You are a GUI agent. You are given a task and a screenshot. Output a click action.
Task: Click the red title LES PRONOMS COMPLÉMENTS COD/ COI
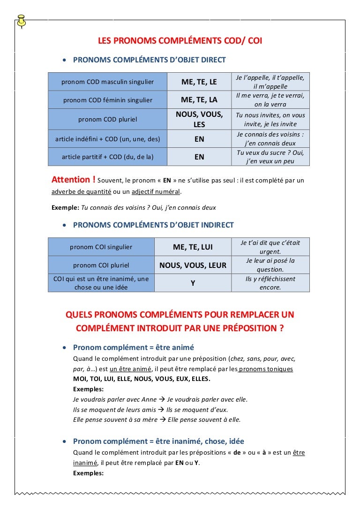(180, 41)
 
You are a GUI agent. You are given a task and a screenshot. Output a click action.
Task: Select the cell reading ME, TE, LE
(199, 82)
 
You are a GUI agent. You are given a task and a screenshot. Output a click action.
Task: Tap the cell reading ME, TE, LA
(199, 100)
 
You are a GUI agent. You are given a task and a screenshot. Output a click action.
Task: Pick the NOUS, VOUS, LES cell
(199, 120)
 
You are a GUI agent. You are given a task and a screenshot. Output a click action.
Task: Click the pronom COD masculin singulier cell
(108, 82)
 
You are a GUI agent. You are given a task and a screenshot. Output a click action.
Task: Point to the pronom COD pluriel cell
(108, 119)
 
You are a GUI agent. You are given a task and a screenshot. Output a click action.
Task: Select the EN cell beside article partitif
(199, 157)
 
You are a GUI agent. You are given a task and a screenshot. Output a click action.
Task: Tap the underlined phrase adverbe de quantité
(81, 191)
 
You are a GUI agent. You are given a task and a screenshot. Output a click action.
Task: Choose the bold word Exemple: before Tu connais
(65, 207)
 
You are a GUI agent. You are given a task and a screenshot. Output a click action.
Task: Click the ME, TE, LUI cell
(193, 247)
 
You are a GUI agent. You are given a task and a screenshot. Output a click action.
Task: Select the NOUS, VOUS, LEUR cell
(193, 266)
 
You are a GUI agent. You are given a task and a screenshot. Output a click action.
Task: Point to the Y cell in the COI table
(193, 283)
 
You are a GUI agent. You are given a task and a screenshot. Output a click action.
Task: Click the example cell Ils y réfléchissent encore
(270, 283)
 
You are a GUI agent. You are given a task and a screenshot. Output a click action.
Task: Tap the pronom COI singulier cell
(101, 247)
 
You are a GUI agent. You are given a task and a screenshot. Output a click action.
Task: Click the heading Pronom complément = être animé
(134, 348)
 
